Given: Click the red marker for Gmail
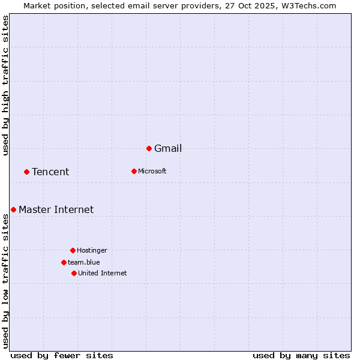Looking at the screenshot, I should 149,148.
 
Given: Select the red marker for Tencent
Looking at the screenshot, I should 26,172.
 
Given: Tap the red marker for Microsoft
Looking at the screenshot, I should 134,171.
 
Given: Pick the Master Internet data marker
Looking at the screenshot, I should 13,209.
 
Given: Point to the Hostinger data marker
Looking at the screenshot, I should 73,250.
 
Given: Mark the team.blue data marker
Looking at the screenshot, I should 64,262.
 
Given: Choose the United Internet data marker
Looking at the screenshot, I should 74,273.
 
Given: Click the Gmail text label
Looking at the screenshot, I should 168,149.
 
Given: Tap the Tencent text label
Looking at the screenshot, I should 50,172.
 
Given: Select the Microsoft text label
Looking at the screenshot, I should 152,172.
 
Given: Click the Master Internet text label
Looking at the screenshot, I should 56,210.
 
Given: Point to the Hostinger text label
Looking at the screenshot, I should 92,251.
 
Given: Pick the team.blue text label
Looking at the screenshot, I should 84,263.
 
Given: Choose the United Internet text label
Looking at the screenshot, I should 103,274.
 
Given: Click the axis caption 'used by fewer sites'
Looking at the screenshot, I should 62,355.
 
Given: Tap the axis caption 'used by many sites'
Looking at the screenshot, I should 301,355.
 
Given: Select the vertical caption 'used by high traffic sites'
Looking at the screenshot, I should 6,85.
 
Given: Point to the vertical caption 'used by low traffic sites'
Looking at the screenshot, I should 6,281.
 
